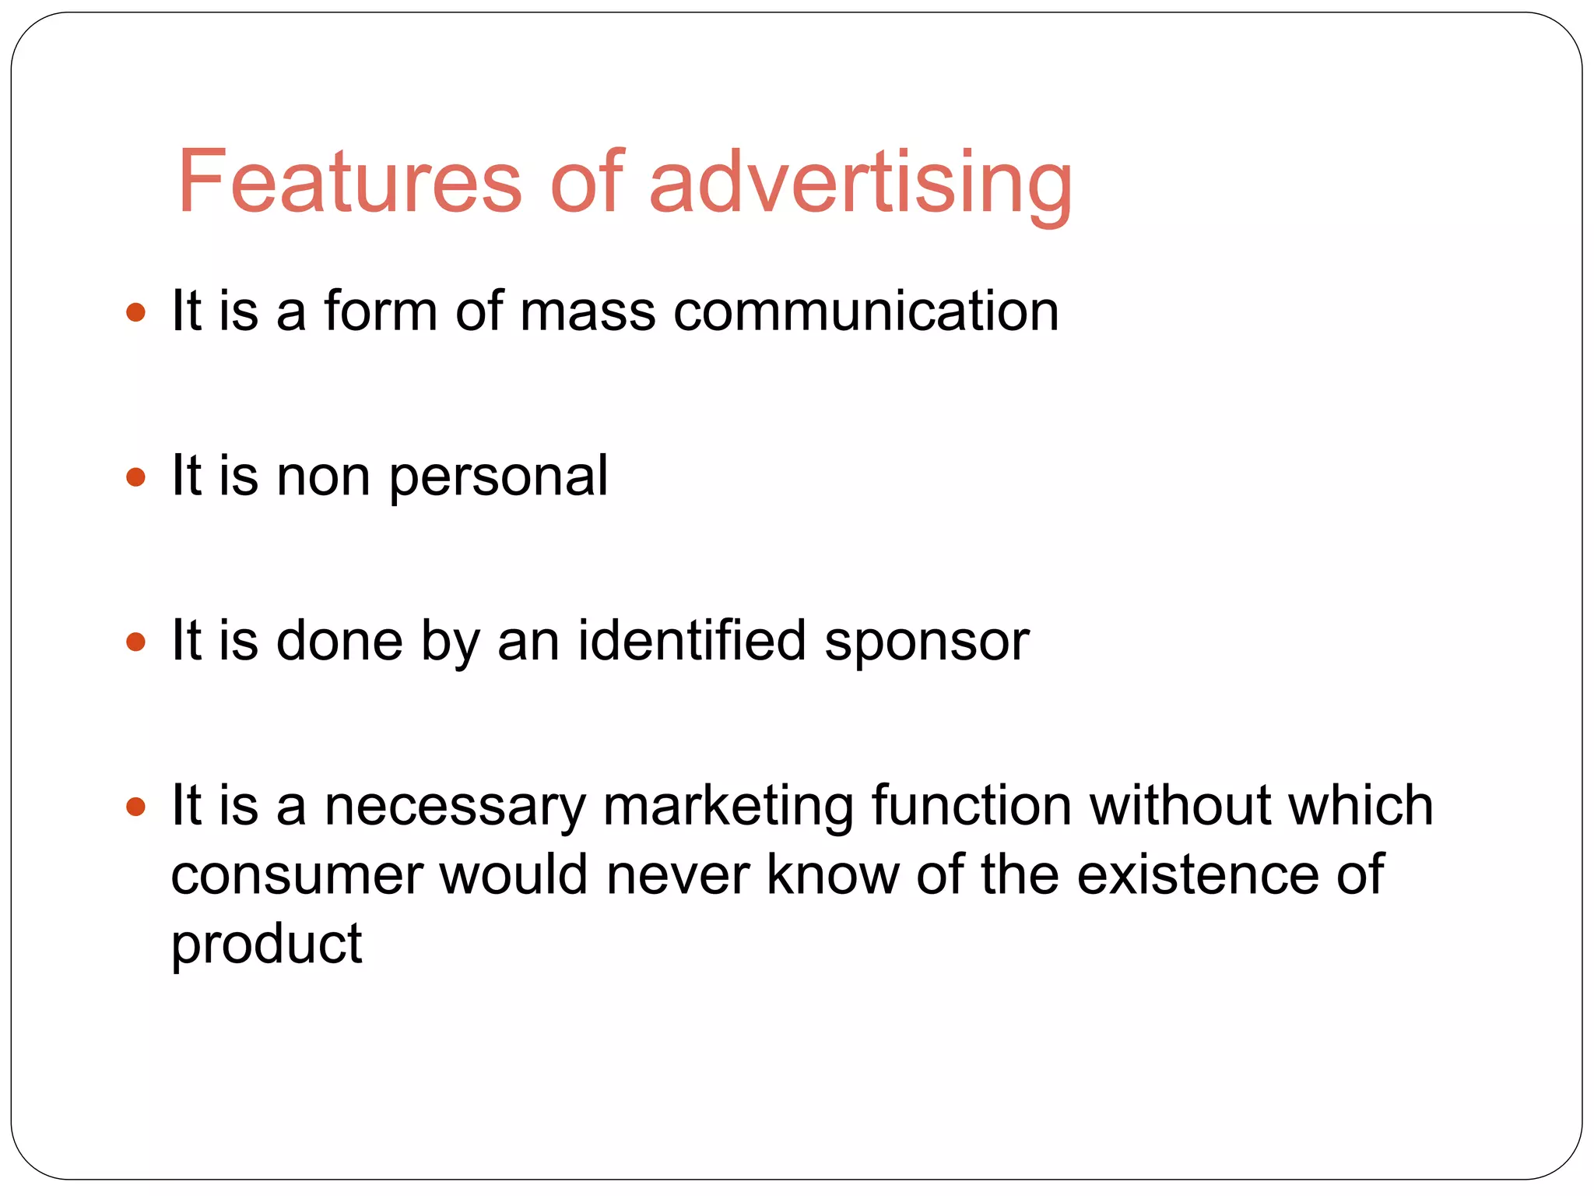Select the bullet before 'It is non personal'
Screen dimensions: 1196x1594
pos(135,477)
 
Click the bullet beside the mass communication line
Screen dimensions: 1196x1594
pos(135,312)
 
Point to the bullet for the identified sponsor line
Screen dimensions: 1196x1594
pos(135,642)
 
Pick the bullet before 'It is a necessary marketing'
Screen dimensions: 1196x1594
pos(135,806)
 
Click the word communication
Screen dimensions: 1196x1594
pos(865,311)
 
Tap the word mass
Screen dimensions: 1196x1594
pos(588,311)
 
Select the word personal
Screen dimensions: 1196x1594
pos(498,477)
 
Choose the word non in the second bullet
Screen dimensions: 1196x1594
pos(323,477)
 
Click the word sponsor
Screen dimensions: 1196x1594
pos(926,642)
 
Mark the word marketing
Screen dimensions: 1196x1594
pos(728,807)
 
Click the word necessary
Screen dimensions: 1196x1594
pos(455,807)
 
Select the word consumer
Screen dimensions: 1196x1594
pos(297,875)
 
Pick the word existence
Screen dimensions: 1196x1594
pos(1198,874)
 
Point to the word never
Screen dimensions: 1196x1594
pos(677,875)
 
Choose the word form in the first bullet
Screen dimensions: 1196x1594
pos(381,311)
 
